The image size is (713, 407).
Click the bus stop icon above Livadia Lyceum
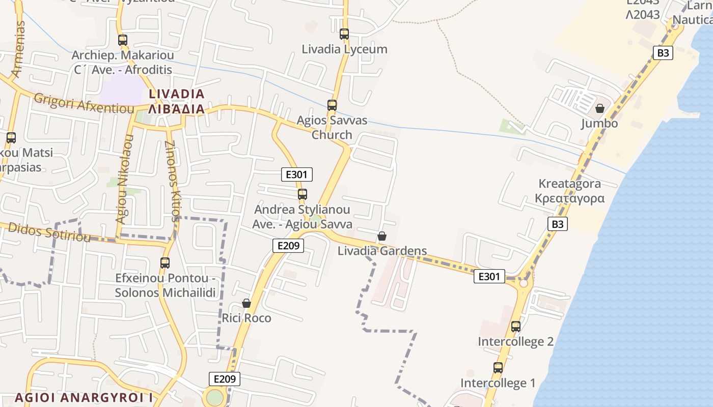344,34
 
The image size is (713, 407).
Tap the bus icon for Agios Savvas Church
332,105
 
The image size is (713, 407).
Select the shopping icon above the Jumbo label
600,108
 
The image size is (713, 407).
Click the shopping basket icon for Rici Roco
246,304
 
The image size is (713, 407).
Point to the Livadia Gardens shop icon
382,236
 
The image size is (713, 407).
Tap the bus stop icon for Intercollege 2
516,326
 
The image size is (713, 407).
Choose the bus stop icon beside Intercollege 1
498,367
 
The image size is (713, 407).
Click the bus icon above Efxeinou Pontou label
165,263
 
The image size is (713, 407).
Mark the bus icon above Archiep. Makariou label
123,40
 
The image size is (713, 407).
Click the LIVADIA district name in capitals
177,94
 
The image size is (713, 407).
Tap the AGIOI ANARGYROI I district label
84,397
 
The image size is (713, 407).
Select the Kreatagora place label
570,184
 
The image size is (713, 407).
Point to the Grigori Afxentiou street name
84,103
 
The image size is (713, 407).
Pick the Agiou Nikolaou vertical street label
124,179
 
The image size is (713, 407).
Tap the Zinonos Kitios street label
173,181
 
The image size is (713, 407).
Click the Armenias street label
18,49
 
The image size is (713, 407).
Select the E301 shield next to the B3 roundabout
489,276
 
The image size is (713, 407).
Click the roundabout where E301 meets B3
524,282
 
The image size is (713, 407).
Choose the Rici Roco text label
246,318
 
